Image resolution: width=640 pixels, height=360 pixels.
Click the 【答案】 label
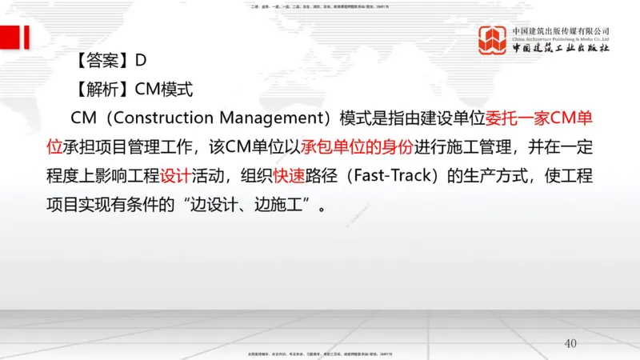tap(102, 59)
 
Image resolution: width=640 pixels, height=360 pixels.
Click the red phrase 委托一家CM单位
tap(539, 118)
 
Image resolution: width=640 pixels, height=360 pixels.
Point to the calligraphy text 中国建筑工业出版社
tap(560, 48)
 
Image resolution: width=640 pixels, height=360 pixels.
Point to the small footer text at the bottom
tap(320, 353)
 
